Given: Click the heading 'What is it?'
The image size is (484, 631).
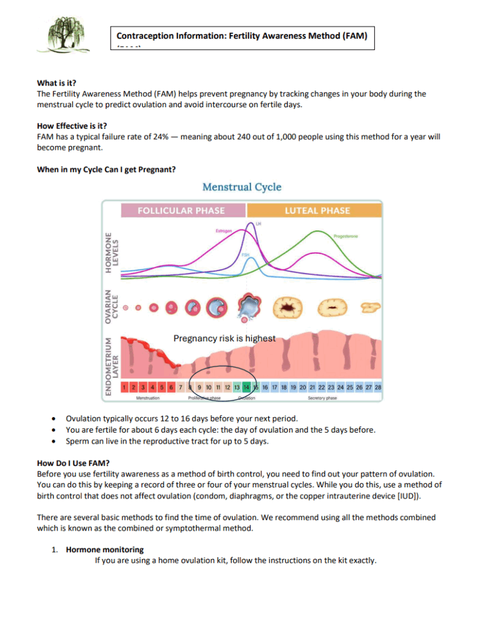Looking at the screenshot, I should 57,83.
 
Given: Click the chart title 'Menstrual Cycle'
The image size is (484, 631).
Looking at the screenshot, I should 242,187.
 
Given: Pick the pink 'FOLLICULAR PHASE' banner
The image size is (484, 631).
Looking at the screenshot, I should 181,210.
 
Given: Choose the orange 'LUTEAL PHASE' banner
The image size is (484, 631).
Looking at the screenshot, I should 317,210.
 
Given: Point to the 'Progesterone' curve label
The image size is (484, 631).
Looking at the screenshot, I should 345,236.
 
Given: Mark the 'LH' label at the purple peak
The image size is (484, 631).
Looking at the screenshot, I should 258,223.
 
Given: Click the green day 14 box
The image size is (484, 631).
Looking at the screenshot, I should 246,387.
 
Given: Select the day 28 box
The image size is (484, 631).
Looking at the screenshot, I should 377,387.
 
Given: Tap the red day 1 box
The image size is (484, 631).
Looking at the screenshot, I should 125,387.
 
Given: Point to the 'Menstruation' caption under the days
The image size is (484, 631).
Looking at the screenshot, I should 148,399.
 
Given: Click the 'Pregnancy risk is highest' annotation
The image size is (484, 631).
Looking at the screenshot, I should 224,338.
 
